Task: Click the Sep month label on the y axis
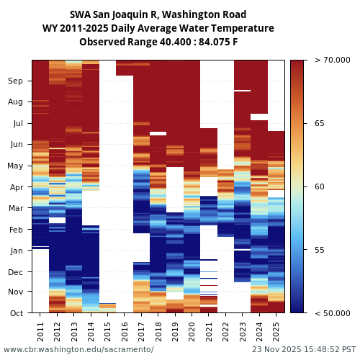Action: (x=16, y=81)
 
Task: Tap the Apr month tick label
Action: (x=17, y=187)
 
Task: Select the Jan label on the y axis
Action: (x=17, y=251)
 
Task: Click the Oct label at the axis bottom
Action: (x=17, y=313)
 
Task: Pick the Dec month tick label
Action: (x=16, y=272)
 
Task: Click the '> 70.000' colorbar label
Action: (x=332, y=60)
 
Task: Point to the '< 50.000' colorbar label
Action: (x=332, y=313)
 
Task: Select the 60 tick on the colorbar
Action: (x=319, y=187)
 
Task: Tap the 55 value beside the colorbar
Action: (x=319, y=251)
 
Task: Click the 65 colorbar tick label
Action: (x=319, y=124)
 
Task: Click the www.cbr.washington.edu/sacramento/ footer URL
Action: (x=78, y=349)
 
